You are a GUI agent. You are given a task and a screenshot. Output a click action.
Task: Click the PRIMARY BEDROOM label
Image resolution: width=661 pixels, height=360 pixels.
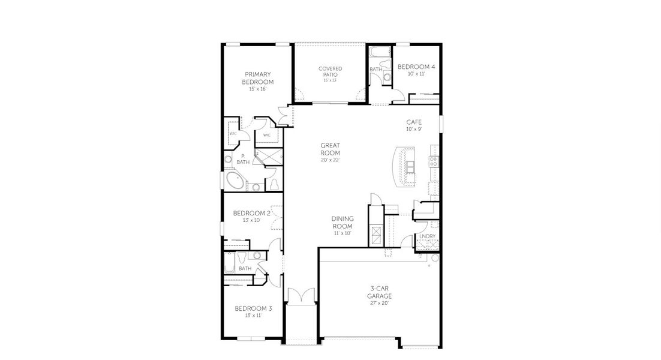pos(258,78)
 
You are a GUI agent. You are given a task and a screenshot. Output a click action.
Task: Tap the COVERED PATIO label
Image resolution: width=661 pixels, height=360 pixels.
pos(330,72)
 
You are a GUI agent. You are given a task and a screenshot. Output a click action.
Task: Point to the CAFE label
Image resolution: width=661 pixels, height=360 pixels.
pos(414,122)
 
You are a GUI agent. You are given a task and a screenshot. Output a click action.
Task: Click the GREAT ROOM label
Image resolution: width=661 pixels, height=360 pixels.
pos(330,149)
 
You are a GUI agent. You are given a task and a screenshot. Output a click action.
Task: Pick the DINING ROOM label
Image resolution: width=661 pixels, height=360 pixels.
pos(342,222)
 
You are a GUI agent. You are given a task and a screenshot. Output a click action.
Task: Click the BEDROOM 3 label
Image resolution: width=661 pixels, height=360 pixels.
pos(253,308)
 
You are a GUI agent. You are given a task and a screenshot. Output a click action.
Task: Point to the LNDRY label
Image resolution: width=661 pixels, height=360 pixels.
pos(427,236)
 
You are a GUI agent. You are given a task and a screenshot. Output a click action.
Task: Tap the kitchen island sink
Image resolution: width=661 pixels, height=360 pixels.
pos(410,166)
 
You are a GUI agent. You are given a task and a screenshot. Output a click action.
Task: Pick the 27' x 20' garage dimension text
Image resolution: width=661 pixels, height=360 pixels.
pos(380,303)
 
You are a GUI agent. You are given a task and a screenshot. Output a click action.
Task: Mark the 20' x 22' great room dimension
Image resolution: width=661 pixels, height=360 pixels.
pos(330,160)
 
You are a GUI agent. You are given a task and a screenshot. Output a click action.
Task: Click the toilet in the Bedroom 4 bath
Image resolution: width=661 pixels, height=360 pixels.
pos(386,77)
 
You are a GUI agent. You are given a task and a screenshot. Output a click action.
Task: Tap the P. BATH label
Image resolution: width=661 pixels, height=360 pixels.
pos(243,159)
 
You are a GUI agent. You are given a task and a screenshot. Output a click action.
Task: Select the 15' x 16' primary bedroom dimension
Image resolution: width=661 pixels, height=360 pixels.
pos(258,89)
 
